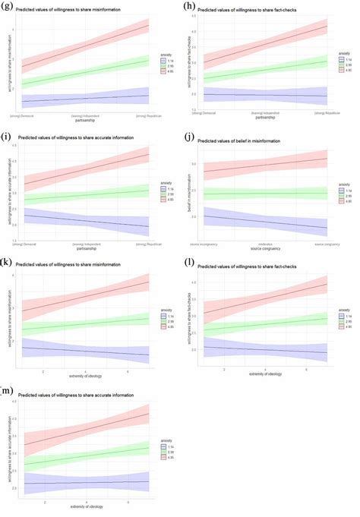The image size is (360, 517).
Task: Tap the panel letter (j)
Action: pos(190,137)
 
